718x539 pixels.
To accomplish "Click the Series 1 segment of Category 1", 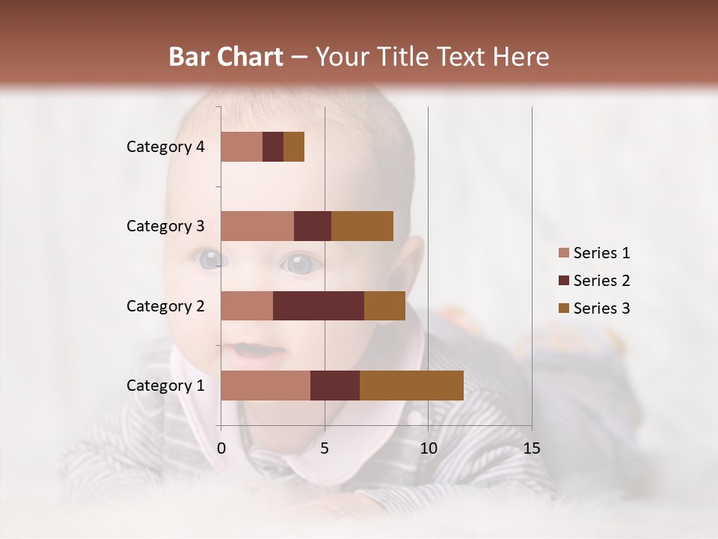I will (x=266, y=385).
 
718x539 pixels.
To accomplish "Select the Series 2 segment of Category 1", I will (x=335, y=385).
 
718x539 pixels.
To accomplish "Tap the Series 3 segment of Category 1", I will (x=411, y=385).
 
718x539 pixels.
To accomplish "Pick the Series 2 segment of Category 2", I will (x=319, y=305).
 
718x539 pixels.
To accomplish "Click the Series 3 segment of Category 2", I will (x=384, y=305).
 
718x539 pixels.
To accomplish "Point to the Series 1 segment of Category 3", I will (x=257, y=226).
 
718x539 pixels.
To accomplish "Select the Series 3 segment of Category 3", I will (x=362, y=226).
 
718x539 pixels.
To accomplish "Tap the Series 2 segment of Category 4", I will (x=273, y=147).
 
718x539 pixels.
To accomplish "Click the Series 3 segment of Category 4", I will (x=294, y=147).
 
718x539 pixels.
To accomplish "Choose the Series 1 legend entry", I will (x=594, y=253).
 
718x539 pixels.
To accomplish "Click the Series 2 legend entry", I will (x=594, y=281).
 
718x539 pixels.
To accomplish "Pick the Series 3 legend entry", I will (x=594, y=308).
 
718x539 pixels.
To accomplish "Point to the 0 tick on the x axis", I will (x=221, y=448).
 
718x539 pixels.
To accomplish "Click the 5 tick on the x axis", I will (x=325, y=448).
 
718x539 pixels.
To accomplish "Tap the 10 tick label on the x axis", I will (x=428, y=448).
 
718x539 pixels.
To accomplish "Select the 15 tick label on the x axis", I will (x=532, y=448).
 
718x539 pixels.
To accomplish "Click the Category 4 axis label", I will (x=165, y=147).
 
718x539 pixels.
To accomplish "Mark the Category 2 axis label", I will (x=165, y=305).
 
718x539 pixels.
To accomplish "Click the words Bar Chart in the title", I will (x=226, y=56).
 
